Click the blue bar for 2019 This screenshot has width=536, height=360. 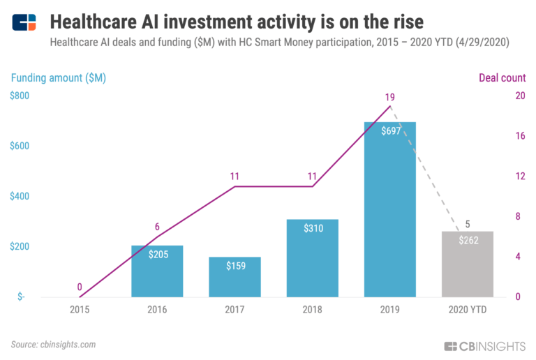click(390, 209)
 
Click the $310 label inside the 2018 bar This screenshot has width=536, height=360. click(312, 229)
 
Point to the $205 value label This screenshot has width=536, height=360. click(157, 255)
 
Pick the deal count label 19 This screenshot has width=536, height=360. click(390, 98)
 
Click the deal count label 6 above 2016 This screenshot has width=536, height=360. click(157, 226)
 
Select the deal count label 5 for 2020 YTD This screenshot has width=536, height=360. click(468, 224)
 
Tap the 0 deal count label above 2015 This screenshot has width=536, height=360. click(80, 287)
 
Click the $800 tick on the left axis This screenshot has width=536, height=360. click(20, 96)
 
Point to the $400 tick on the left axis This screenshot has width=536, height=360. click(20, 196)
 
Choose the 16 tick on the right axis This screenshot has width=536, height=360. click(519, 136)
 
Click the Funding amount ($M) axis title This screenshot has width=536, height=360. click(58, 77)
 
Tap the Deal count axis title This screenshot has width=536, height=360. click(502, 77)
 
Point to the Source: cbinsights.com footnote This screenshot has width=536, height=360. click(53, 344)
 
